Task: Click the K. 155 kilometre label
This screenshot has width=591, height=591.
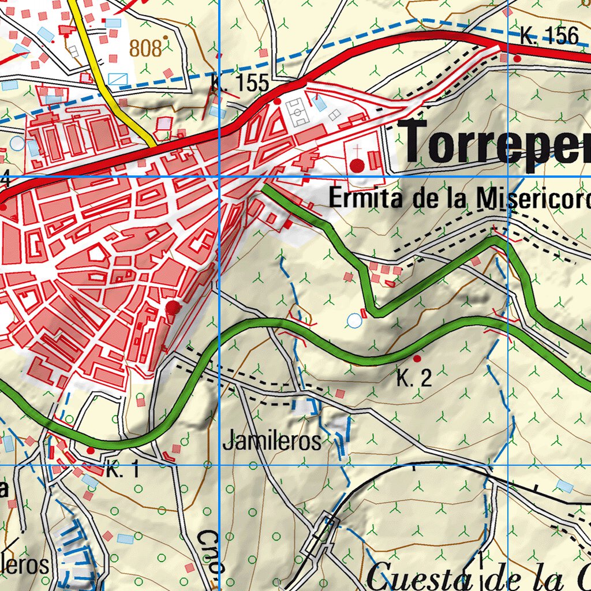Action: pos(240,84)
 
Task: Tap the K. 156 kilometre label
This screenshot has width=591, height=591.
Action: pos(548,36)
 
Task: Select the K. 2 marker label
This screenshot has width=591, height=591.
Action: pos(414,379)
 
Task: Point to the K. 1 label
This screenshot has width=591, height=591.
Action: pos(122,470)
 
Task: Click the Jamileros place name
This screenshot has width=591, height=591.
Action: pos(271,442)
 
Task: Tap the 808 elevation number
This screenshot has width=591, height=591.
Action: pos(145,48)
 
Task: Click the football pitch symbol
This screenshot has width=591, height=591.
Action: pos(298,112)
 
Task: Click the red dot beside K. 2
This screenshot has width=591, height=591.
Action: pos(417,358)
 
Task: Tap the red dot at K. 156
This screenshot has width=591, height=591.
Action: pos(517,58)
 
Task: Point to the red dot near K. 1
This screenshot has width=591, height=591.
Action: pos(91,450)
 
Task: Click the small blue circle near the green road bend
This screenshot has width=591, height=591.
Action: pos(354,320)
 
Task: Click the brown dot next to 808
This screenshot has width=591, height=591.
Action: pos(166,38)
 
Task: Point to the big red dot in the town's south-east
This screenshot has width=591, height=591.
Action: pos(173,307)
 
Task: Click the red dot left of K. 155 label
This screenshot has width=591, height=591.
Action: pos(277,101)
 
